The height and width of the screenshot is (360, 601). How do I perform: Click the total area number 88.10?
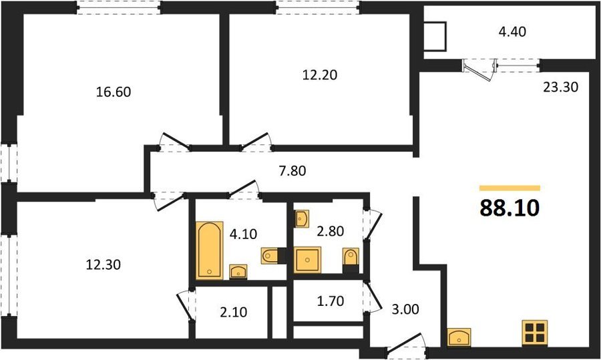click(510, 208)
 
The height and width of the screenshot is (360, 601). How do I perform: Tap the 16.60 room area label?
click(114, 92)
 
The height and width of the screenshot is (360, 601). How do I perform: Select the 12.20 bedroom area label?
click(320, 75)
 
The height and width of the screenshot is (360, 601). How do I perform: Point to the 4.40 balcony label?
click(512, 31)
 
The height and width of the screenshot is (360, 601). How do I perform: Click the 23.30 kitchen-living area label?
click(560, 87)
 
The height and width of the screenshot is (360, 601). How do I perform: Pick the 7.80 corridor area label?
click(292, 170)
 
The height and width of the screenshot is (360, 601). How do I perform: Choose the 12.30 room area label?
click(103, 264)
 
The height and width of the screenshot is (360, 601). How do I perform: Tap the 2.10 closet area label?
click(234, 313)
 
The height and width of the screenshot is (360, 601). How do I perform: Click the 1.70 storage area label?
click(331, 301)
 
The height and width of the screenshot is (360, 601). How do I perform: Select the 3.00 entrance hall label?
click(405, 309)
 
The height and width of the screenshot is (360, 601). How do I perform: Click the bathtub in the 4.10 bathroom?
click(209, 250)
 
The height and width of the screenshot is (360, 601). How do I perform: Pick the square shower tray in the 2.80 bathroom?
click(307, 260)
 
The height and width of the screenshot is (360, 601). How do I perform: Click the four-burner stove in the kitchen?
click(535, 332)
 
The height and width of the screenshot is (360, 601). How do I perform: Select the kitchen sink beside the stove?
click(459, 338)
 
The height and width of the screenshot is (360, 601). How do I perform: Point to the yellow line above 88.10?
click(510, 188)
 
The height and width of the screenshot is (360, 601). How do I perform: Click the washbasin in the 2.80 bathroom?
click(302, 219)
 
